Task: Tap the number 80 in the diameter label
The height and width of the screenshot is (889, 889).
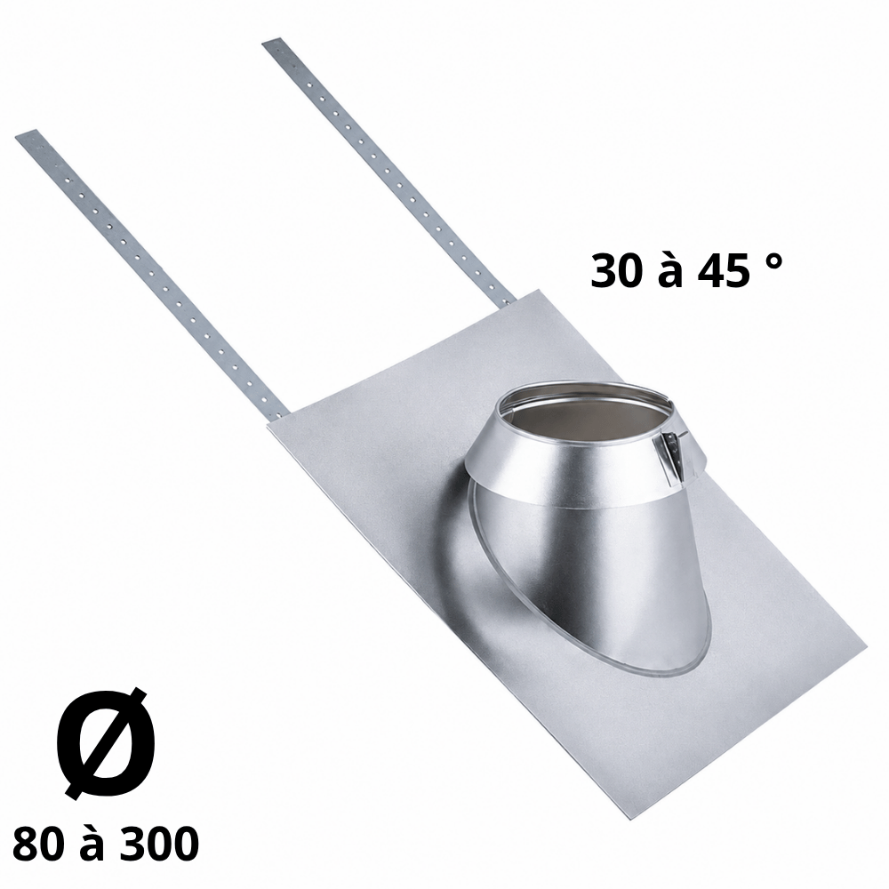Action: click(38, 844)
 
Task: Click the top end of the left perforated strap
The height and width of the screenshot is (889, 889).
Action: click(26, 134)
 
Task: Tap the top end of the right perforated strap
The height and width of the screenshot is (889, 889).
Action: click(271, 43)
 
